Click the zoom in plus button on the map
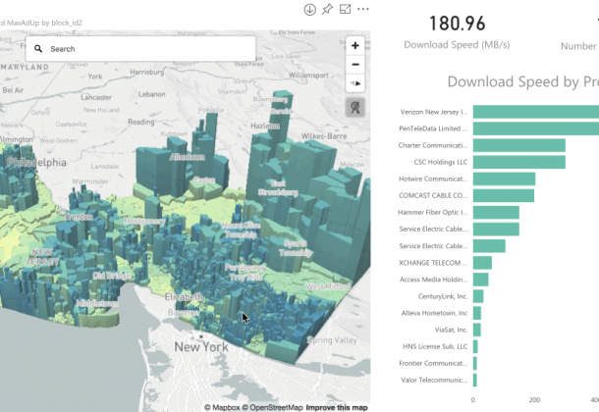pyautogui.click(x=355, y=45)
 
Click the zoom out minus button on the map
pyautogui.click(x=355, y=65)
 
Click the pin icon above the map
pyautogui.click(x=327, y=9)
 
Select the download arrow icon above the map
pyautogui.click(x=309, y=9)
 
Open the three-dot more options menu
pyautogui.click(x=363, y=9)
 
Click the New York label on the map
pyautogui.click(x=201, y=346)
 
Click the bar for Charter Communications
pyautogui.click(x=518, y=145)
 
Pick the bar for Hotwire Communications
pyautogui.click(x=504, y=179)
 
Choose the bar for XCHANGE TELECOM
pyautogui.click(x=482, y=262)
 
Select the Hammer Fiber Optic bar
pyautogui.click(x=496, y=212)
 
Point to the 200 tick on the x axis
pyautogui.click(x=534, y=399)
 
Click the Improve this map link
pyautogui.click(x=337, y=406)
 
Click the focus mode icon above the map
pyautogui.click(x=345, y=9)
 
